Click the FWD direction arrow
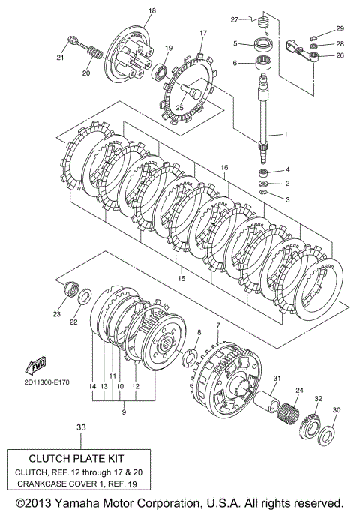35,365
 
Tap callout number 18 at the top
152,10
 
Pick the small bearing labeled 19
160,72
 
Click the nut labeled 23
71,289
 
